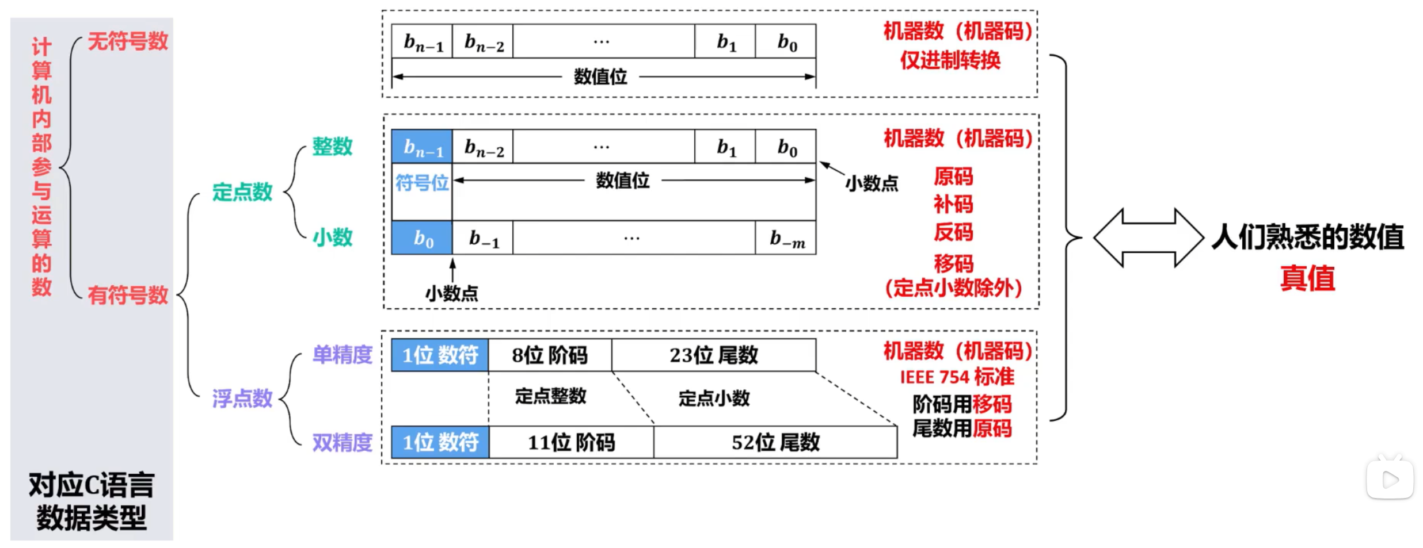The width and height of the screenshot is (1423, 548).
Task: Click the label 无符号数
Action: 128,41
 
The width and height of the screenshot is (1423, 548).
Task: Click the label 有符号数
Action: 128,295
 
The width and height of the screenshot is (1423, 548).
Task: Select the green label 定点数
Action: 242,191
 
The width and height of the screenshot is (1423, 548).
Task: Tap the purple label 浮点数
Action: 242,398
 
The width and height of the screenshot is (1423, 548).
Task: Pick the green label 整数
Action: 332,146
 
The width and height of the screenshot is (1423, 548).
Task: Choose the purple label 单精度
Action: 343,354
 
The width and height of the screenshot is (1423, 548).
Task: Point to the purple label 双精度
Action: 343,442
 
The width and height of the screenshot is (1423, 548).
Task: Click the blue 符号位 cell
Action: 422,183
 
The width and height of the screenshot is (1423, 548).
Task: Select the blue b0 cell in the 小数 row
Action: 422,237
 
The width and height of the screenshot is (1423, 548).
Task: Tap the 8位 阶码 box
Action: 550,355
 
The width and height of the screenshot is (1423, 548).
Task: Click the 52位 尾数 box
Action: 775,442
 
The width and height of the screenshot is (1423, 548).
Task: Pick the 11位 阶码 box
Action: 572,442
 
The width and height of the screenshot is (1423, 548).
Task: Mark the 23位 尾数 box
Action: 714,355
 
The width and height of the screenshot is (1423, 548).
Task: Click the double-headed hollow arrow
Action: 1148,237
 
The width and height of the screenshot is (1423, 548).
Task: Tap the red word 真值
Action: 1307,278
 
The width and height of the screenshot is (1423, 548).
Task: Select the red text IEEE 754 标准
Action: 957,377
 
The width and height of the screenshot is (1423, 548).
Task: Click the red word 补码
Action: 953,204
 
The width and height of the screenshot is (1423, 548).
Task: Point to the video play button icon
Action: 1390,478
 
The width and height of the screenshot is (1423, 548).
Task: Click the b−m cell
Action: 786,237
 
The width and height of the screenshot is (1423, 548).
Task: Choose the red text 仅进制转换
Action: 950,60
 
